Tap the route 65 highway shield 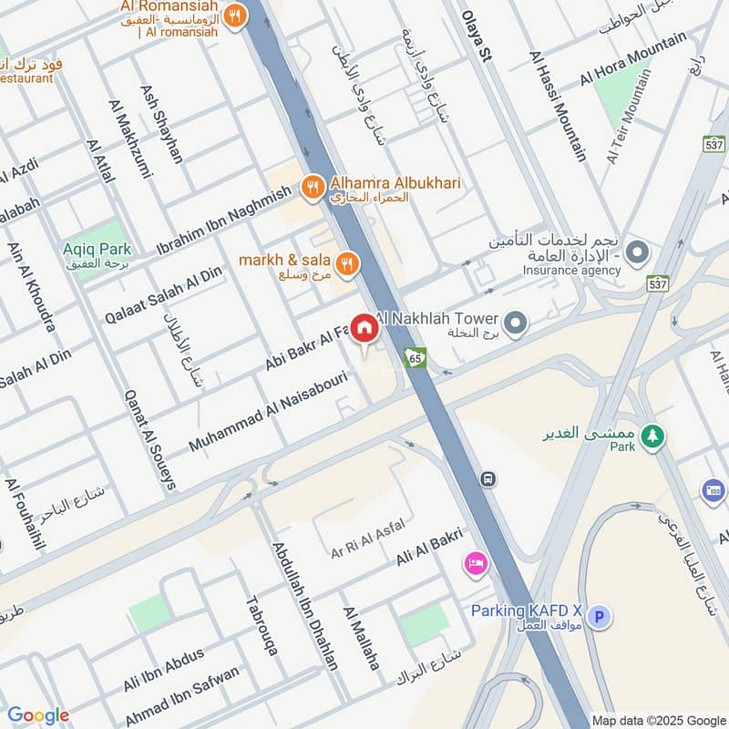pos(416,357)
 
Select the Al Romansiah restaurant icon pos(235,15)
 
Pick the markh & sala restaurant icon pos(346,264)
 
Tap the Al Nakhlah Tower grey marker pos(516,323)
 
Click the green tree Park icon pos(651,436)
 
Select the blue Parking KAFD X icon pos(599,618)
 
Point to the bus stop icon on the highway pos(489,478)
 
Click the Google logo pos(38,715)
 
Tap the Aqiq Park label pos(97,249)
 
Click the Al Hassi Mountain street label pos(558,106)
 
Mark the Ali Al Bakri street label pos(429,549)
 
